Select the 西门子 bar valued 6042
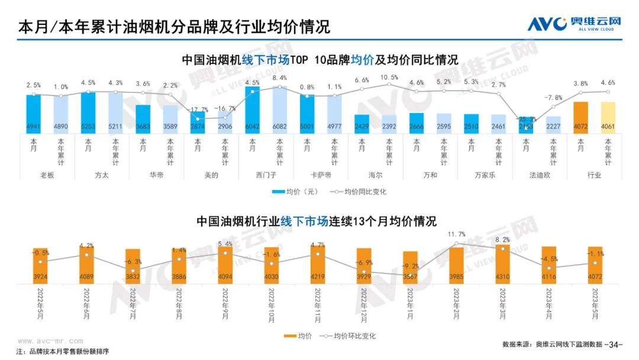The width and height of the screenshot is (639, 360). pyautogui.click(x=253, y=110)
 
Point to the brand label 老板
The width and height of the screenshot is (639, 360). pyautogui.click(x=47, y=175)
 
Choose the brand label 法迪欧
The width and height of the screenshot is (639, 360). pyautogui.click(x=540, y=175)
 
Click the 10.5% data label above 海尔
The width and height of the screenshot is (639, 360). pyautogui.click(x=389, y=78)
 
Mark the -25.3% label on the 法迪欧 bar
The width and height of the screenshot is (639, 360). pyautogui.click(x=526, y=120)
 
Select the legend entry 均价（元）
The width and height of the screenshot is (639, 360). pyautogui.click(x=296, y=191)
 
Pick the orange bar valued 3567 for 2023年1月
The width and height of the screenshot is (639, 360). pyautogui.click(x=410, y=267)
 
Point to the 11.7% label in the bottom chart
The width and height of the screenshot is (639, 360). pyautogui.click(x=457, y=234)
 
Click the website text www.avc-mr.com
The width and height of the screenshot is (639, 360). pyautogui.click(x=50, y=341)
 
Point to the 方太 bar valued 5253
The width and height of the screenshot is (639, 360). pyautogui.click(x=88, y=112)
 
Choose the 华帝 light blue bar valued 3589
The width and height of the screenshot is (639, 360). pyautogui.click(x=170, y=118)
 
